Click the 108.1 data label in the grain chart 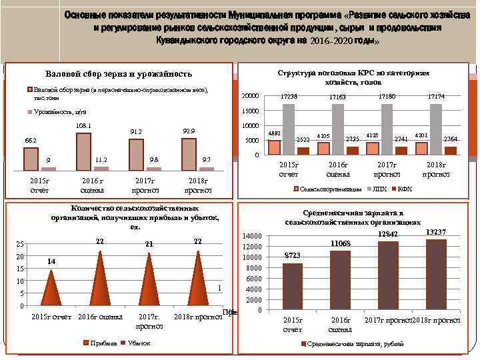(x=84, y=125)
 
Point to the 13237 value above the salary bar (x=435, y=232)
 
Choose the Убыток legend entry (x=137, y=343)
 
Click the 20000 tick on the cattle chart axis (x=249, y=96)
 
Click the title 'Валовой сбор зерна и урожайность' (x=118, y=74)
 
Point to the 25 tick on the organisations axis (x=21, y=244)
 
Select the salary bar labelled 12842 (x=388, y=275)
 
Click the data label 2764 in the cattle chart (x=450, y=139)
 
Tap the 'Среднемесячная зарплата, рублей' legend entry (x=347, y=344)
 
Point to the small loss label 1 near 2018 (x=220, y=288)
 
